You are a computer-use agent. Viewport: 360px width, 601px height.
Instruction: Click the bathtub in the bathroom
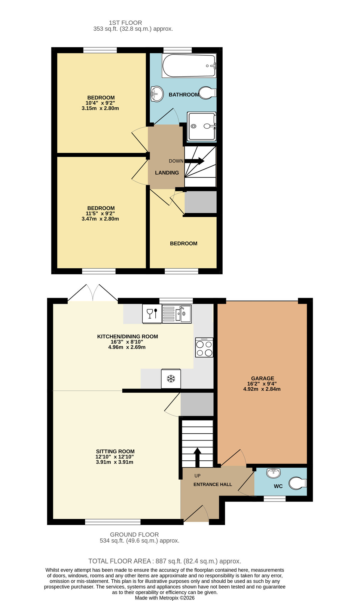pos(189,66)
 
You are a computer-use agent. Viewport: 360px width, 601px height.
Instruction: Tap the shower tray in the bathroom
pos(201,127)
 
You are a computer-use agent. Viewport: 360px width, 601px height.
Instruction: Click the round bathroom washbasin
pos(157,94)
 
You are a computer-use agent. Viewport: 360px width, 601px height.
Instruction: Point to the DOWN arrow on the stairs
pos(194,161)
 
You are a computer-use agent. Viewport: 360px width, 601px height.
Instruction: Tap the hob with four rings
pos(204,348)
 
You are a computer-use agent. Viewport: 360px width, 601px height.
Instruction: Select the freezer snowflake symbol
pos(171,379)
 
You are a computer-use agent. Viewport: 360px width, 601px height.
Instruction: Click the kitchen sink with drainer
pos(177,314)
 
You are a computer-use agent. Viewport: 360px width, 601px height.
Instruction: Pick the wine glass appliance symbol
pos(152,314)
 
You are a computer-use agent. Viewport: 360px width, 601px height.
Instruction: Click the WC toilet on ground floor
pos(297,483)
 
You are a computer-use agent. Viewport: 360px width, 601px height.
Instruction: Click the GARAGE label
pos(263,378)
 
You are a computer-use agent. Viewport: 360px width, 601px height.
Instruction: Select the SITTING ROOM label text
pos(115,451)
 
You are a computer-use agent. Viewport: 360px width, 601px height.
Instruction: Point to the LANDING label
pos(167,173)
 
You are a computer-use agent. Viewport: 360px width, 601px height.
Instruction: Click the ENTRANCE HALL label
pos(212,484)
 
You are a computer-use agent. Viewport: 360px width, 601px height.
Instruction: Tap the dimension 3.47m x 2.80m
pos(100,219)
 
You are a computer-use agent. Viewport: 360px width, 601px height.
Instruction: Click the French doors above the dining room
pos(93,293)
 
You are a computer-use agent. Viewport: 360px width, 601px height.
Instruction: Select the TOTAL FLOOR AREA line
pos(165,561)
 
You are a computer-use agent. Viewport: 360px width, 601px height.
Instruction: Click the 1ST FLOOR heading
pos(125,23)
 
